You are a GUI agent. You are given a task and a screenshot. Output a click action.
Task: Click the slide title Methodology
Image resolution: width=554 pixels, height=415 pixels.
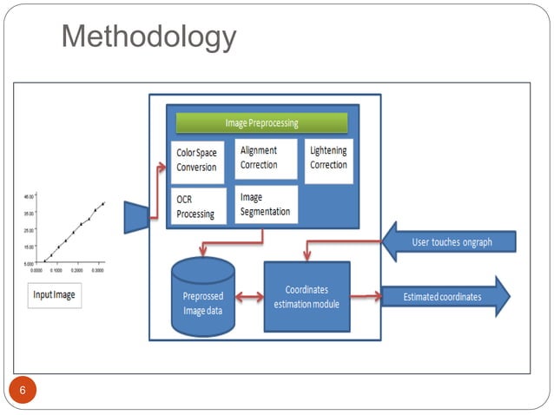149,37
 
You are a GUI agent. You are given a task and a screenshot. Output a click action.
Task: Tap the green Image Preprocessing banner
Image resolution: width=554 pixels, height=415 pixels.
261,122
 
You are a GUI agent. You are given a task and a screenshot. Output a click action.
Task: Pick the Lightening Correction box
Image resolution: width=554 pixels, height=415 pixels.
328,158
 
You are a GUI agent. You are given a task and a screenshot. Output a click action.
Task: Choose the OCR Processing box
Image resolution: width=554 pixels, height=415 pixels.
197,207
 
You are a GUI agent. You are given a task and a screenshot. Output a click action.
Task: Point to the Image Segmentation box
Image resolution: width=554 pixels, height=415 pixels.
265,205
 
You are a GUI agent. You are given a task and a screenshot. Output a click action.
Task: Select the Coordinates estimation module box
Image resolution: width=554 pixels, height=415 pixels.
306,296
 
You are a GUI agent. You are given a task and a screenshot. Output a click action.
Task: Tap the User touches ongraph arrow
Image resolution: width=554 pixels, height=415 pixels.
450,241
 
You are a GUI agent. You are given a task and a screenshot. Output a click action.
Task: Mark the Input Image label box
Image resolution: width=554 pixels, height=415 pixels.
55,295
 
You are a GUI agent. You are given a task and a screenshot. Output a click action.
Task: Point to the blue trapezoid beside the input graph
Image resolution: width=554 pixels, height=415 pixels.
136,217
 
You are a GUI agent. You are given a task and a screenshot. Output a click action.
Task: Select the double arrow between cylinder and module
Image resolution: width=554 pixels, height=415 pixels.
249,298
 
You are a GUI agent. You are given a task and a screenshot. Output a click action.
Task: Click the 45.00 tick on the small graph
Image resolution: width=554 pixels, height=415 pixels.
30,197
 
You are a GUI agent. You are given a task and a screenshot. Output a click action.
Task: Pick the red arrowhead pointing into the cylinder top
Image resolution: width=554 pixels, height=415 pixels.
201,254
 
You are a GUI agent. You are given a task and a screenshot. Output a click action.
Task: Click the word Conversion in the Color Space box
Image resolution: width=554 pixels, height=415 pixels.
197,167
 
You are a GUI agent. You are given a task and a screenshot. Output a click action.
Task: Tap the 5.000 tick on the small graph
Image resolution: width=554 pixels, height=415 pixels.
30,262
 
